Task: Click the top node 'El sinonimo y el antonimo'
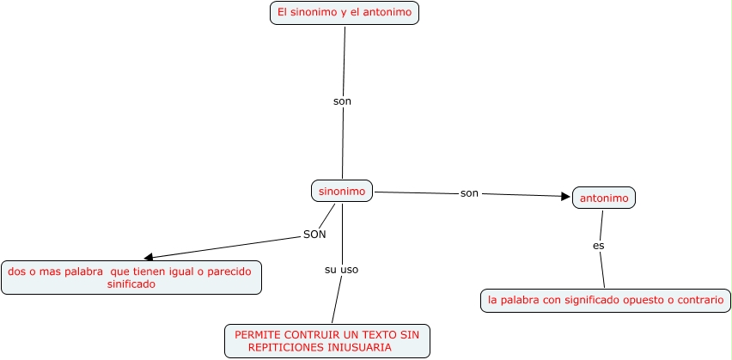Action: pos(344,13)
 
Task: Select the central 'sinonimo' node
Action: pos(342,191)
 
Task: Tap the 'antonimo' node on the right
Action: pos(604,198)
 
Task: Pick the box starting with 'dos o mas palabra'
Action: pos(131,278)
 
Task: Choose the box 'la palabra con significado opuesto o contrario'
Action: pos(606,301)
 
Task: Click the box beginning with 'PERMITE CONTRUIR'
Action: pos(326,340)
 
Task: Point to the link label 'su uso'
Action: pos(341,270)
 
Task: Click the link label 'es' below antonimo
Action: pos(599,246)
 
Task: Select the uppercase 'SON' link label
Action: pos(314,234)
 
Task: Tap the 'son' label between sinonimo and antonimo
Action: pos(469,193)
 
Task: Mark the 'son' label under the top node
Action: pos(342,101)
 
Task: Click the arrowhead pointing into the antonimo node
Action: pos(566,197)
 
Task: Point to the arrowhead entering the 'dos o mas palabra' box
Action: pos(149,257)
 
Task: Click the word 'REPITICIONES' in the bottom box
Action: pos(283,347)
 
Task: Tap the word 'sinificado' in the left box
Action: pos(131,284)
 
